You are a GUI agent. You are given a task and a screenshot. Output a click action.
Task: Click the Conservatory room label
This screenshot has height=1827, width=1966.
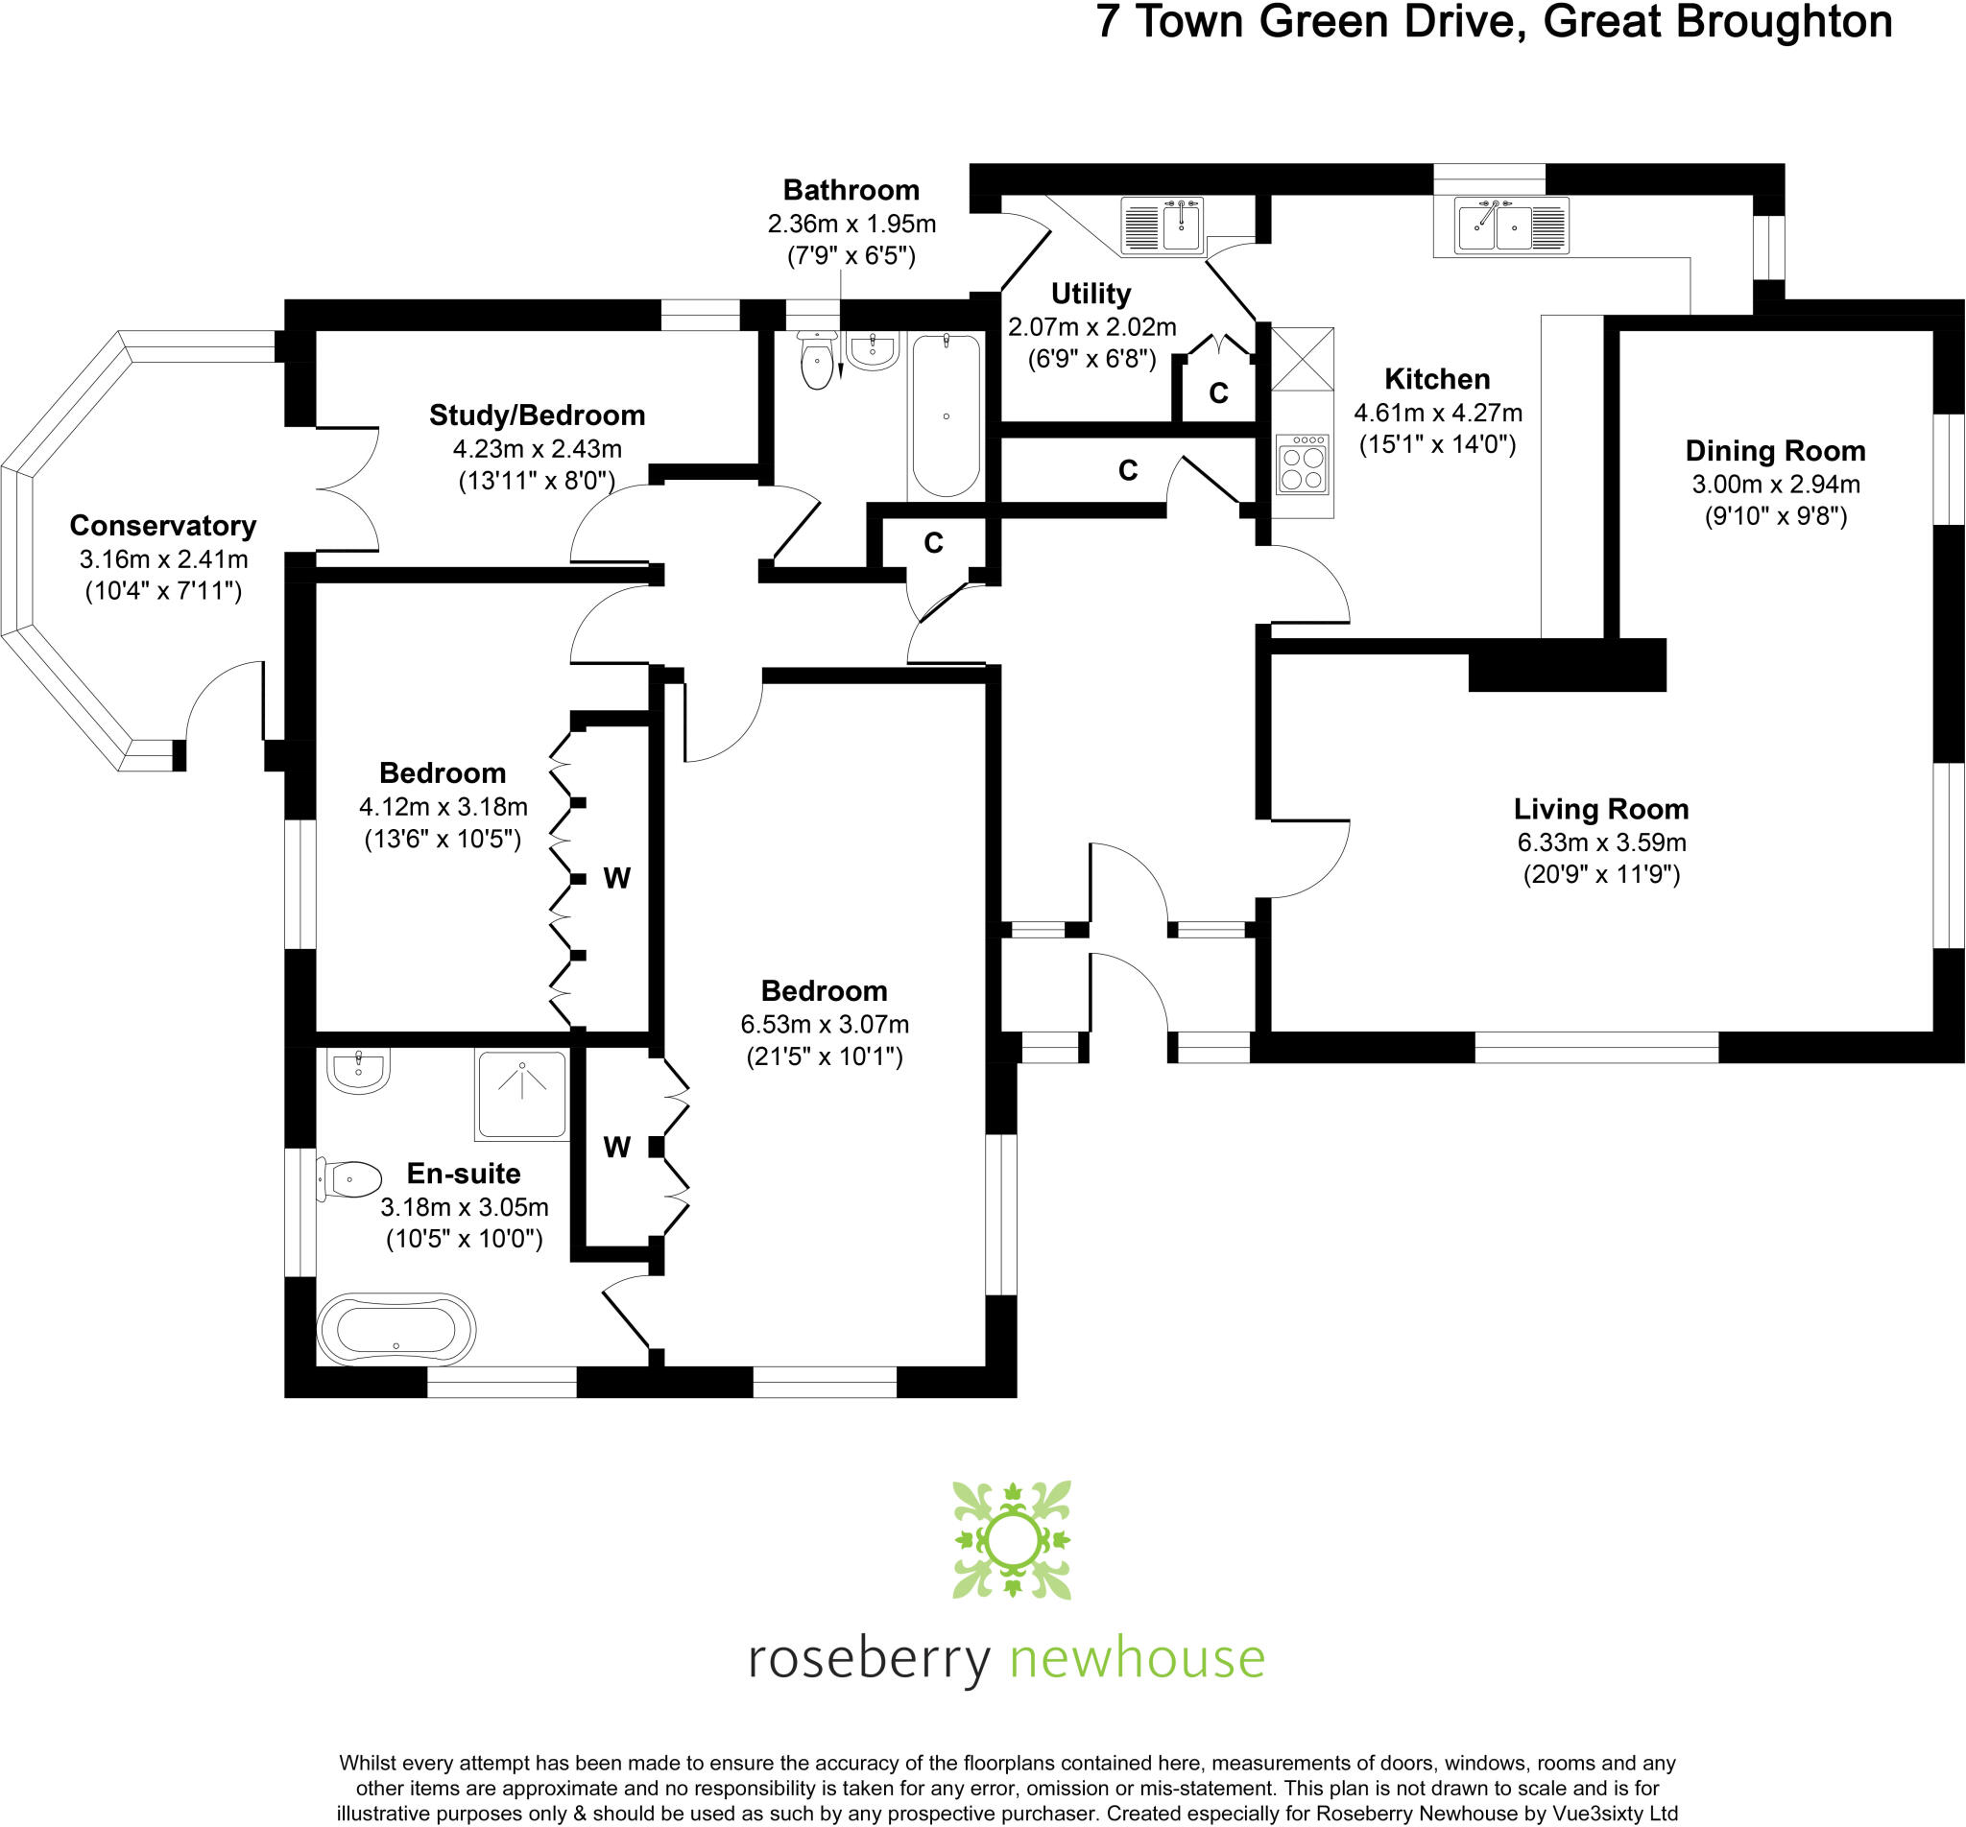pyautogui.click(x=162, y=525)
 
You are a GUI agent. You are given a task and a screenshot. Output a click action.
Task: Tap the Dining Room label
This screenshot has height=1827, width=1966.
pyautogui.click(x=1775, y=451)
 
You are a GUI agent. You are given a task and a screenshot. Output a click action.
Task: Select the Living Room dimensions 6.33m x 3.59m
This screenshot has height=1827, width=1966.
pyautogui.click(x=1601, y=842)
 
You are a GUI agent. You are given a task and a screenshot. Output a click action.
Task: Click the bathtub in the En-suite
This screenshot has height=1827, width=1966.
pyautogui.click(x=396, y=1330)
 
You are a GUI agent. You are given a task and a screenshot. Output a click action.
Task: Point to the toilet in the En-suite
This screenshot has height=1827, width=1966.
pyautogui.click(x=351, y=1179)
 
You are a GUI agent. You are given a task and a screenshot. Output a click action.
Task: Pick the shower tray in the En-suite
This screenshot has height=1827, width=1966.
pyautogui.click(x=522, y=1095)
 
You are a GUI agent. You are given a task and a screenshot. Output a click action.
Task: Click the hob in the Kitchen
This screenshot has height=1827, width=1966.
pyautogui.click(x=1302, y=464)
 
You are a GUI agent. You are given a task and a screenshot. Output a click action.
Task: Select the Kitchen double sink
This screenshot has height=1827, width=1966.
pyautogui.click(x=1511, y=225)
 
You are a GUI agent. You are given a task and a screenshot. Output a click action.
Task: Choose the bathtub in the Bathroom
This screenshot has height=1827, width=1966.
pyautogui.click(x=947, y=415)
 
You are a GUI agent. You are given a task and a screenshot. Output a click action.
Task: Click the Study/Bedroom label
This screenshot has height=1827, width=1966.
pyautogui.click(x=537, y=415)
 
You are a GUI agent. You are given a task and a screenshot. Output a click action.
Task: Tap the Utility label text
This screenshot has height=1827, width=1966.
pyautogui.click(x=1091, y=294)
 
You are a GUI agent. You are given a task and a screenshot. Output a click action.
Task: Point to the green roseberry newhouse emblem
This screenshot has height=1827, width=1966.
pyautogui.click(x=1012, y=1539)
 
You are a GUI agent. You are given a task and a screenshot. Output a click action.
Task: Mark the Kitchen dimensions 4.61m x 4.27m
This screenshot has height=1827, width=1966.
pyautogui.click(x=1437, y=413)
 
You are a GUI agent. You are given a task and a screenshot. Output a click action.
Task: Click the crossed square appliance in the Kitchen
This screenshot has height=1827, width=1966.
pyautogui.click(x=1302, y=358)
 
